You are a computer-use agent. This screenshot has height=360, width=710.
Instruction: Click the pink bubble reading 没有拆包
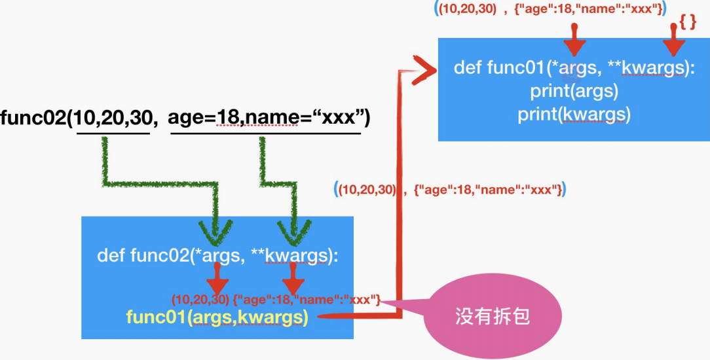[x=491, y=318]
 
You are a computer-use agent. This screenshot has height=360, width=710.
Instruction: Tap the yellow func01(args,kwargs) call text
[x=217, y=318]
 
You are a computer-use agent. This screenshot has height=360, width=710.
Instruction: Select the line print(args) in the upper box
[x=574, y=91]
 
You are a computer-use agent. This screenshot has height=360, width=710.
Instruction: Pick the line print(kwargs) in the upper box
[x=574, y=114]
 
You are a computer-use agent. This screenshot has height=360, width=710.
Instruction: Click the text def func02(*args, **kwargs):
[x=217, y=255]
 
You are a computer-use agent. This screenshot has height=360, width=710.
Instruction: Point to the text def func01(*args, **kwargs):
[x=574, y=68]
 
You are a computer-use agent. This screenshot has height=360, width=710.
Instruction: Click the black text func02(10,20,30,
[x=79, y=118]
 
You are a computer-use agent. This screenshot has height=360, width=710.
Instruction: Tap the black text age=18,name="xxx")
[x=269, y=118]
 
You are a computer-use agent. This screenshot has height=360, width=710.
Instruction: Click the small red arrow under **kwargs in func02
[x=293, y=283]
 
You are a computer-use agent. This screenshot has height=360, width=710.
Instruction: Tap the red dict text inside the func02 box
[x=307, y=300]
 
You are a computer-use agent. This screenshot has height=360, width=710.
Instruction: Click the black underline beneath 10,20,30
[x=113, y=134]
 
